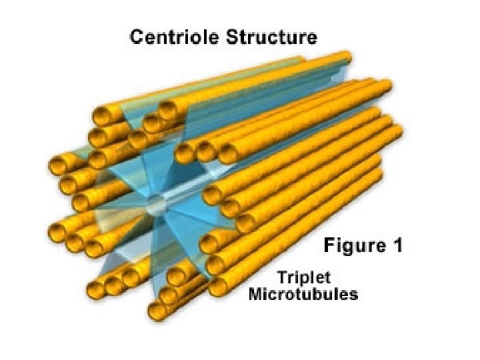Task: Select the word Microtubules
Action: click(303, 294)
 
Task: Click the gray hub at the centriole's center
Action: click(154, 203)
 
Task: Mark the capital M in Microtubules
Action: click(255, 294)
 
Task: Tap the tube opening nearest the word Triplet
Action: click(217, 288)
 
